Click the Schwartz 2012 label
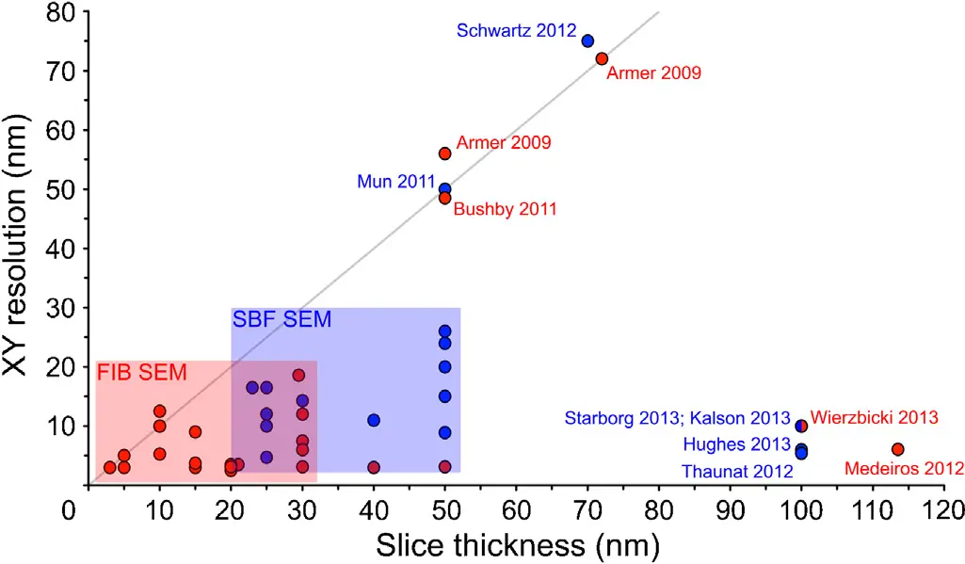tap(516, 30)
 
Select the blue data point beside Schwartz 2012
tap(587, 40)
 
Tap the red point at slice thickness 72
tap(602, 58)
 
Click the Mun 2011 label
tap(395, 182)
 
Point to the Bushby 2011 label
tap(505, 209)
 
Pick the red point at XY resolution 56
tap(445, 153)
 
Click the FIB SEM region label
tap(141, 373)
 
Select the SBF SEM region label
tap(281, 320)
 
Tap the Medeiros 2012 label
tap(904, 468)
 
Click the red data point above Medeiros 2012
tap(898, 449)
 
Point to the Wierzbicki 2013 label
tap(875, 417)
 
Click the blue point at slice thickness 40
tap(374, 420)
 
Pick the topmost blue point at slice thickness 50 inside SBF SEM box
tap(445, 331)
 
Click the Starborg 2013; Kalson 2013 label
tap(678, 417)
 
